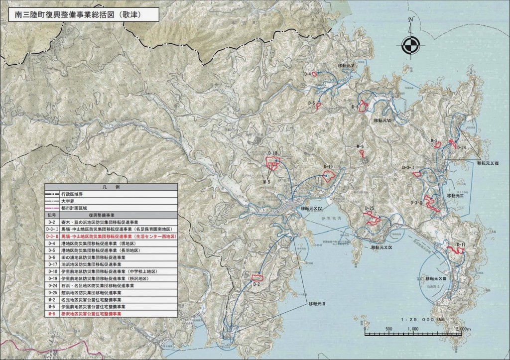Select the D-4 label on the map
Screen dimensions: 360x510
pyautogui.click(x=307, y=74)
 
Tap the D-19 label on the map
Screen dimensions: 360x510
pyautogui.click(x=327, y=166)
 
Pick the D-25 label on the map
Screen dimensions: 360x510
pyautogui.click(x=369, y=208)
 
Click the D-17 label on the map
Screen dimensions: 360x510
pyautogui.click(x=460, y=245)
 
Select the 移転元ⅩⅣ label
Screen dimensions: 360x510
pyautogui.click(x=312, y=209)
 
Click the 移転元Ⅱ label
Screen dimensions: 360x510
pyautogui.click(x=316, y=303)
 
